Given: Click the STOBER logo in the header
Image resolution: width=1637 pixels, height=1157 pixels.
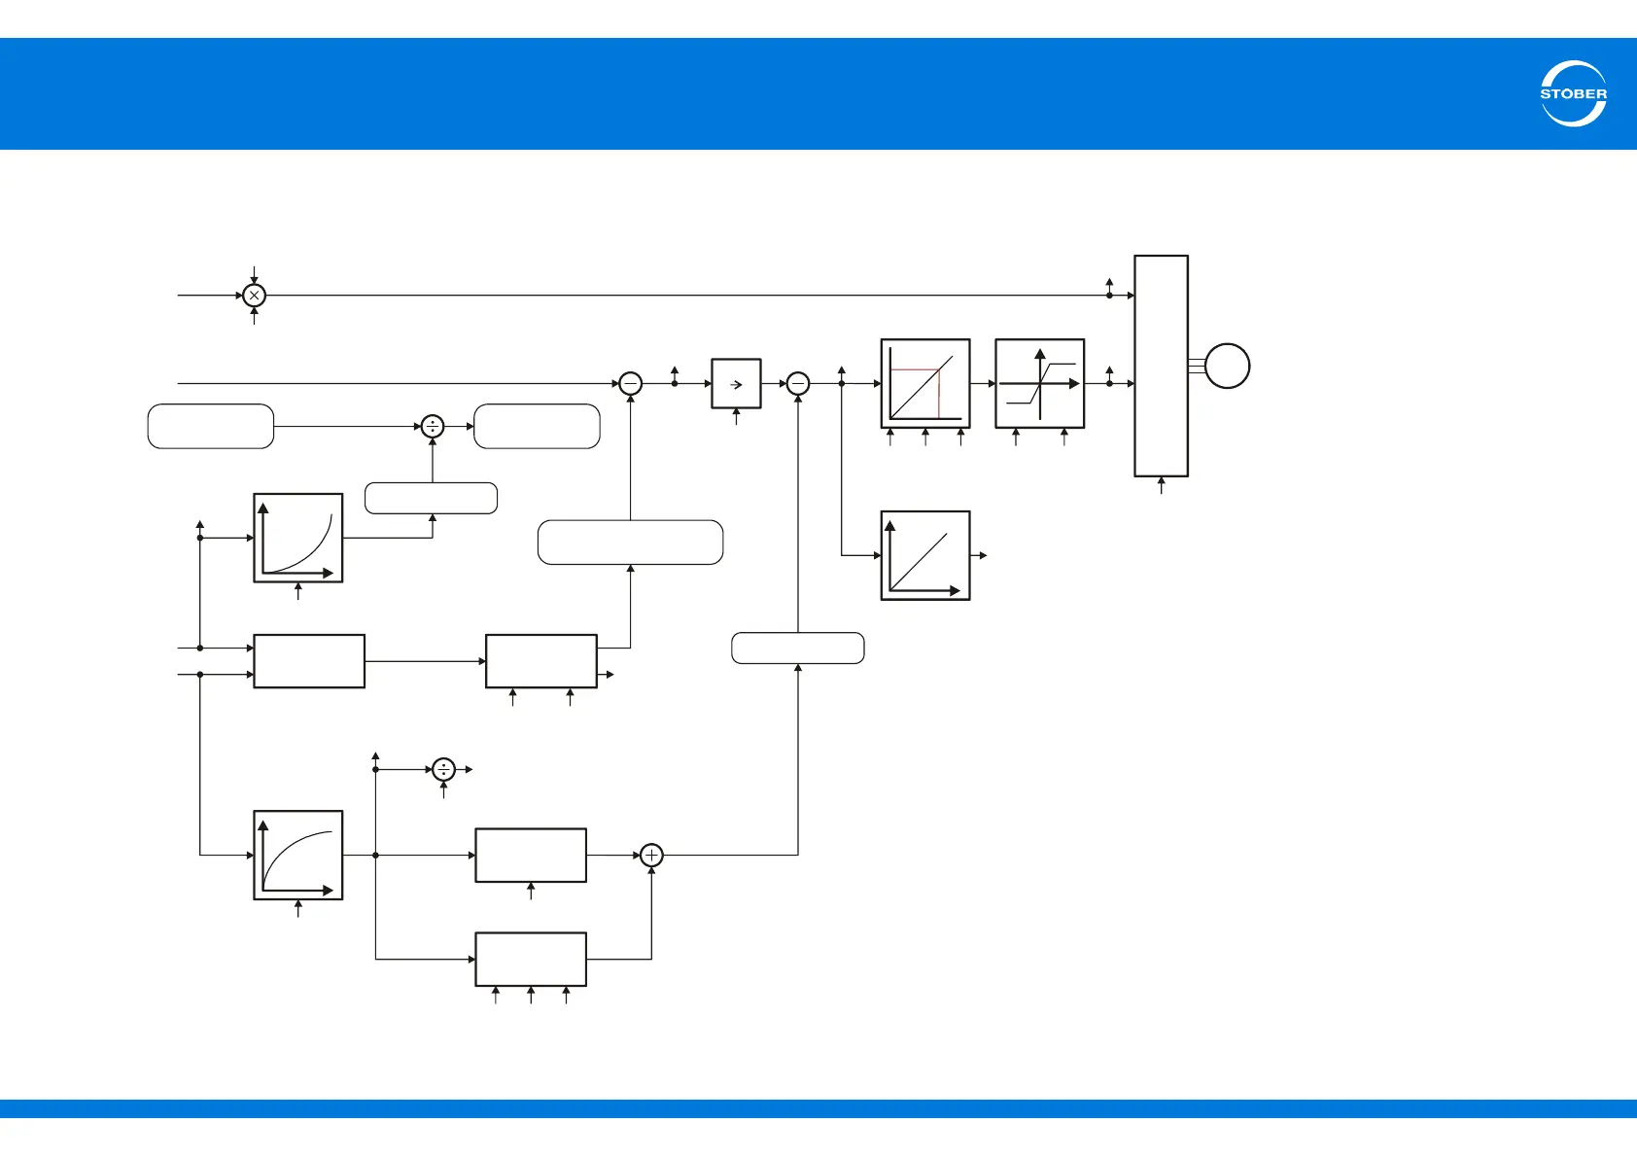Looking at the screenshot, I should point(1573,93).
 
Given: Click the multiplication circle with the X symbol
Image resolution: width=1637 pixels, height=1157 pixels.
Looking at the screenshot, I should point(254,295).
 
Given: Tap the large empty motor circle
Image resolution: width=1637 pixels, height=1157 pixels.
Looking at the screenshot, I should point(1227,367).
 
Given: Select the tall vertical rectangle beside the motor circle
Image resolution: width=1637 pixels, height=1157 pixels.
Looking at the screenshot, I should point(1161,366).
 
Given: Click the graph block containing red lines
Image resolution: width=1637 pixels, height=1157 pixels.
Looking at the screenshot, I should point(924,383).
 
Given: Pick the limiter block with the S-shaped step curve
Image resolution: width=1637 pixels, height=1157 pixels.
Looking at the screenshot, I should point(1039,383).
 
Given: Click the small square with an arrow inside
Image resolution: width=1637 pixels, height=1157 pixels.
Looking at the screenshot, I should point(736,384).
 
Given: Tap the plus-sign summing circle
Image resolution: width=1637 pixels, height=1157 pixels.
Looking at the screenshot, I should point(651,855).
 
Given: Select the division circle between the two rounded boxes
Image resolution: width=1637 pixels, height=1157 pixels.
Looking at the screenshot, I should point(433,426).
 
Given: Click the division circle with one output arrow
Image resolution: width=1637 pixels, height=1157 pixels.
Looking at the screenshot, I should point(443,769).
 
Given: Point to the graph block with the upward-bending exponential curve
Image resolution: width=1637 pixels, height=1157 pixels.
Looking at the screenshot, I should point(297,538).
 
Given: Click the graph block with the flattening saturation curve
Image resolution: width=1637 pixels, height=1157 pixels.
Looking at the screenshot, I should point(297,855).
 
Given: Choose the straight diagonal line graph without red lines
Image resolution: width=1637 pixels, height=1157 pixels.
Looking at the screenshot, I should point(924,555).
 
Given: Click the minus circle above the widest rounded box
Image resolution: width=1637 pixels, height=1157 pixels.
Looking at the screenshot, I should point(631,384).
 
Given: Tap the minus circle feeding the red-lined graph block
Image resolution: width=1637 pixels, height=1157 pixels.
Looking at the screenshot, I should point(798,384).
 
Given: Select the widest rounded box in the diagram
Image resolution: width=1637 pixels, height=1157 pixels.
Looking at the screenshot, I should point(630,543).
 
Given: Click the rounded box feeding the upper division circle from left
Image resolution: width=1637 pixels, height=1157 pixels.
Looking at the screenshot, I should point(210,426).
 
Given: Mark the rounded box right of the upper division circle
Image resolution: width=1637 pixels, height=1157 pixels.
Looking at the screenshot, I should point(537,426).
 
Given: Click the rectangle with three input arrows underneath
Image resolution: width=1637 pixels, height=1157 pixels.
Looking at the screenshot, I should point(530,959).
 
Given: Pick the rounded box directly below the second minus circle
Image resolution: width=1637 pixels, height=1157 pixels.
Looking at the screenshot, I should point(797,648).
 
